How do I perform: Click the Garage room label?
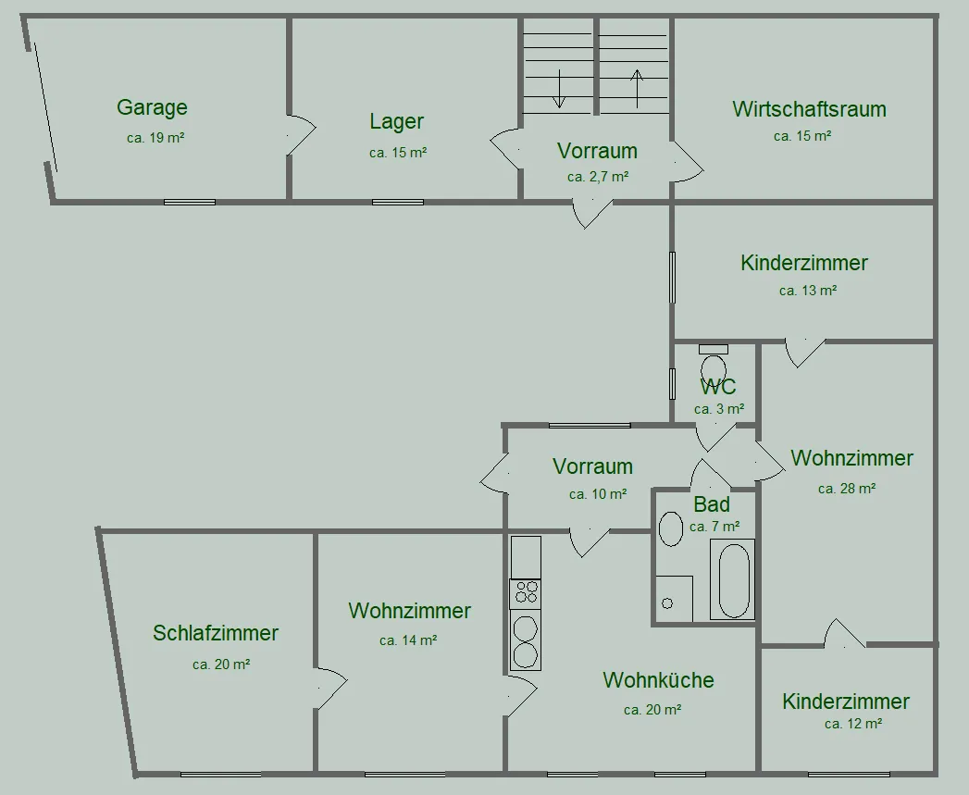152,108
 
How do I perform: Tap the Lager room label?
397,122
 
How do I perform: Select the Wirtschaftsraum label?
810,109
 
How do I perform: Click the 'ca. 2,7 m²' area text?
598,177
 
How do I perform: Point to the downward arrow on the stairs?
559,89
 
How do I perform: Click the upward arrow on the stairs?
637,89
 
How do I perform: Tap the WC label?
718,387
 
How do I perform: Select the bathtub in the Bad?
734,580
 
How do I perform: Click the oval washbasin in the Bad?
670,529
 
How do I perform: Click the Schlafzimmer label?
216,634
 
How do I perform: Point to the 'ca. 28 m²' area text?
847,489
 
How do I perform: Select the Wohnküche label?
659,680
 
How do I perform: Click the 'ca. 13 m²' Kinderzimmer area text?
808,291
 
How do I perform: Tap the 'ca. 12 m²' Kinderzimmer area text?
852,724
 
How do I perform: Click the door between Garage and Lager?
301,135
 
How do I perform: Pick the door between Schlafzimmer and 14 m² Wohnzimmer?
331,688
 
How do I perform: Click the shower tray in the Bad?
674,599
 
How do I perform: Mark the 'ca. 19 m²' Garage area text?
155,138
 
